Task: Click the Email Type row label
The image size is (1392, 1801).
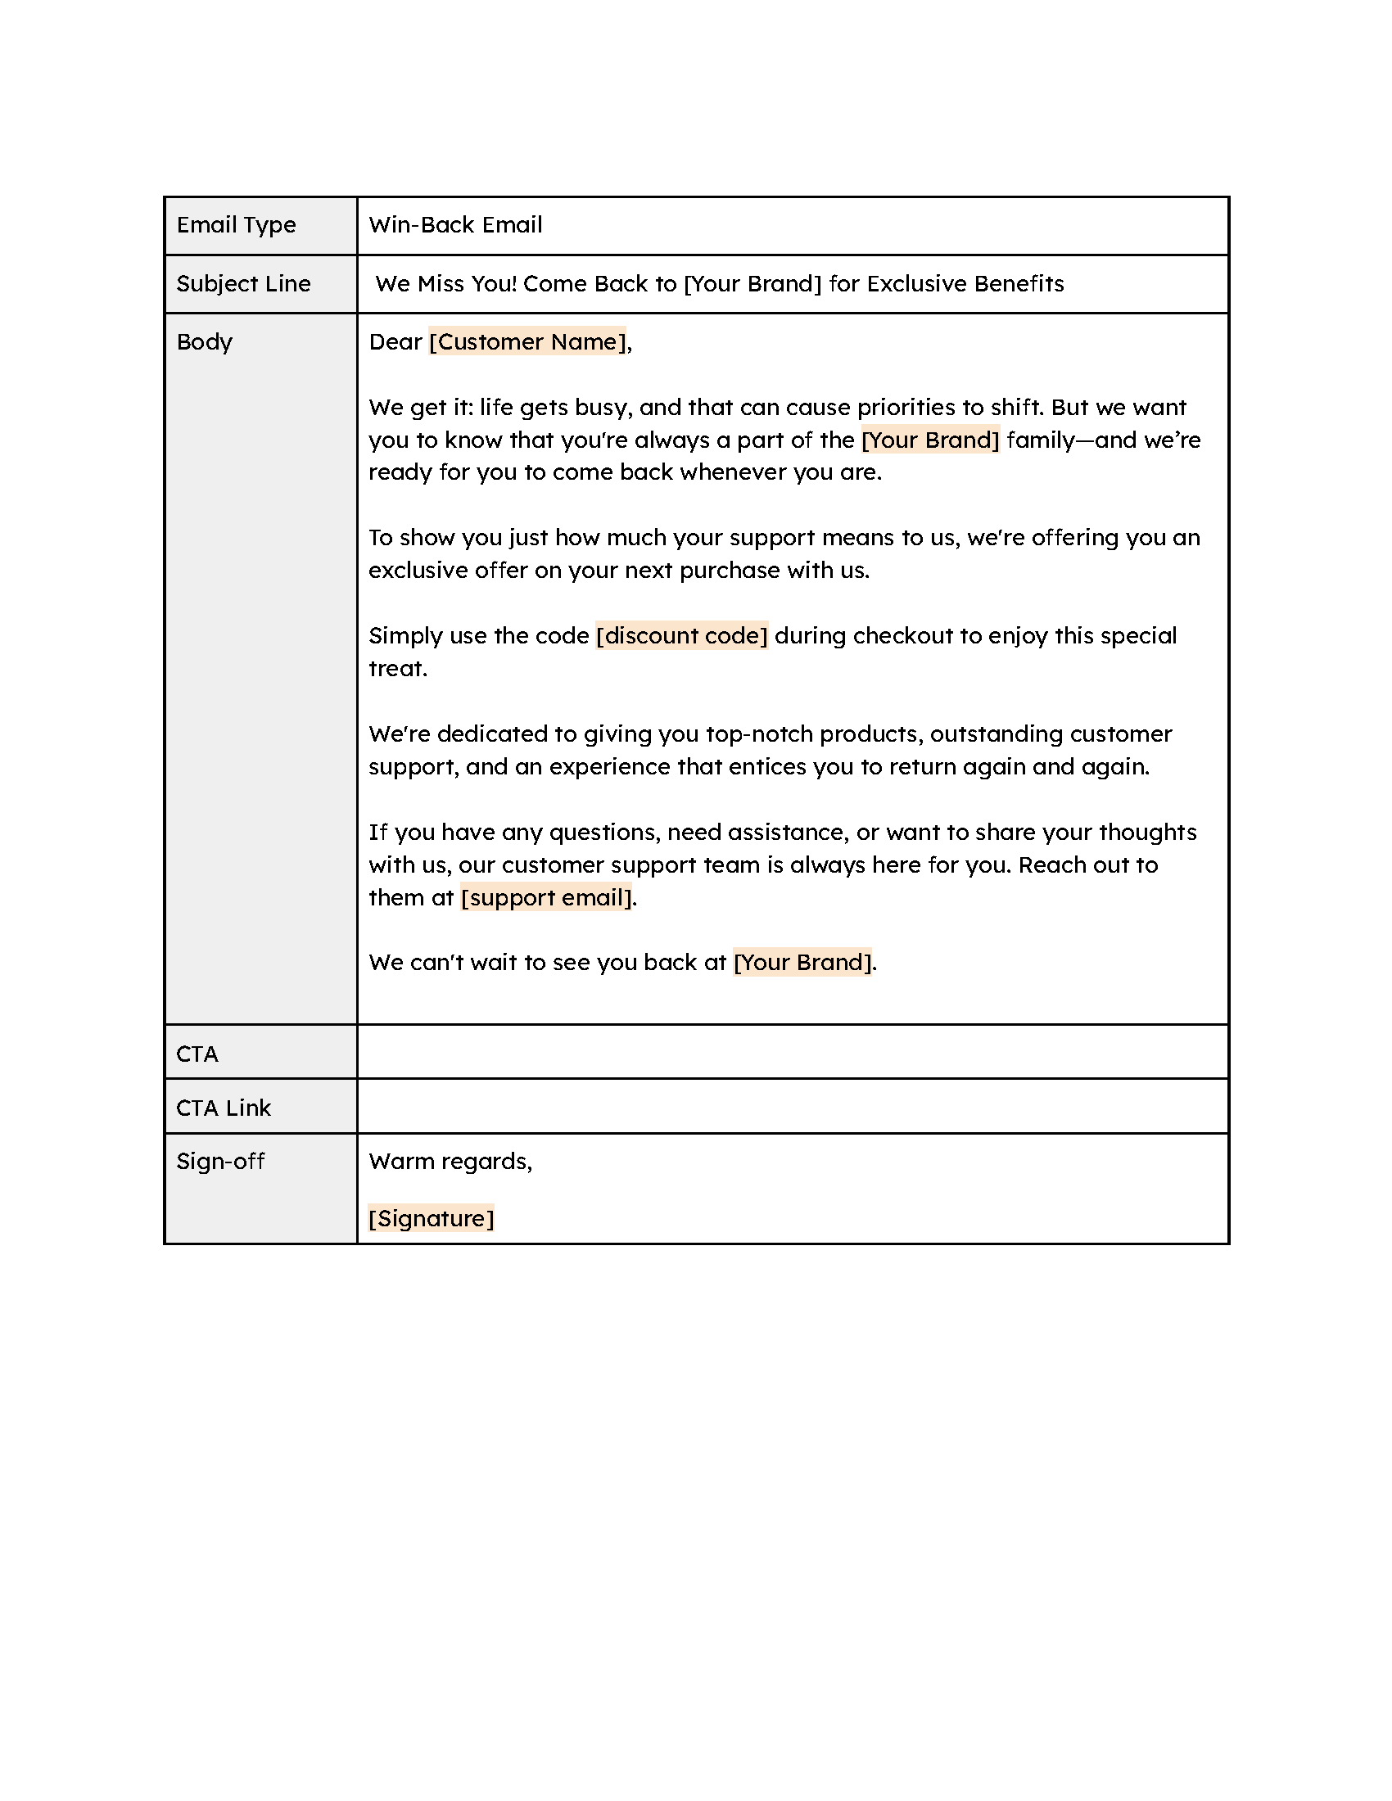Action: (236, 225)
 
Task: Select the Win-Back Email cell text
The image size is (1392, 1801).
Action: (455, 225)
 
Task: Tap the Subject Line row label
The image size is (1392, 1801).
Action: (243, 284)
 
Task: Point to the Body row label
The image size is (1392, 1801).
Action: (205, 342)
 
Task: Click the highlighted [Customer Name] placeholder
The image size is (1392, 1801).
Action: (528, 342)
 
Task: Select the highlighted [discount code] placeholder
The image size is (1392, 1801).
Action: (682, 636)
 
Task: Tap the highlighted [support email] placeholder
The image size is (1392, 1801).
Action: (546, 897)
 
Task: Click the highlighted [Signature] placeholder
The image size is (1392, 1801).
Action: (432, 1218)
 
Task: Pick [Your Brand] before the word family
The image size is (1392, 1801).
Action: (930, 440)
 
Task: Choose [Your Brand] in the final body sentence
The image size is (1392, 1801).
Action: (802, 963)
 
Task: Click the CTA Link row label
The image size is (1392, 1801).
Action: (224, 1108)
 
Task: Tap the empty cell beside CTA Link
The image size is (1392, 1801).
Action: (792, 1107)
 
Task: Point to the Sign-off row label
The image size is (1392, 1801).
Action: (220, 1161)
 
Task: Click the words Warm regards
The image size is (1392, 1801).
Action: (450, 1161)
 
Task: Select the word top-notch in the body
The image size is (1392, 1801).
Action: (759, 734)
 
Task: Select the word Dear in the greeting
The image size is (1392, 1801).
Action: (395, 342)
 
